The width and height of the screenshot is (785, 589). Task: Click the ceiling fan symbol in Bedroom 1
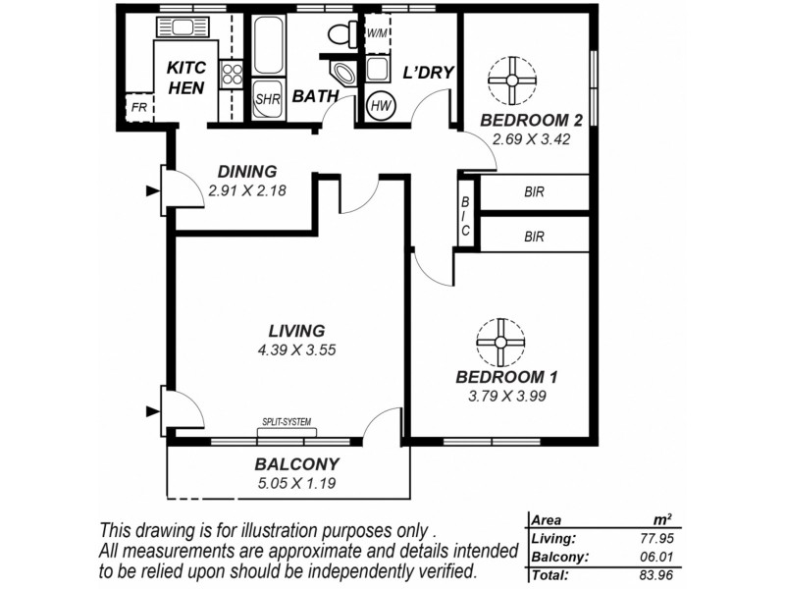click(x=497, y=342)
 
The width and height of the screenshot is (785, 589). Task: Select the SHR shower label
click(x=267, y=100)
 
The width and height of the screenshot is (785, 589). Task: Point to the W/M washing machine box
click(x=378, y=33)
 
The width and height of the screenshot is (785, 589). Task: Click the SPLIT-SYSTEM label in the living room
click(x=286, y=422)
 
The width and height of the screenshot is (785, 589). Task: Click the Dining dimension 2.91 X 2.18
click(x=246, y=190)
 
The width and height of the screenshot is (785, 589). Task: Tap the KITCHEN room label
click(x=186, y=79)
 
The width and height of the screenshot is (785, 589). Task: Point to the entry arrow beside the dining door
click(x=152, y=191)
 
